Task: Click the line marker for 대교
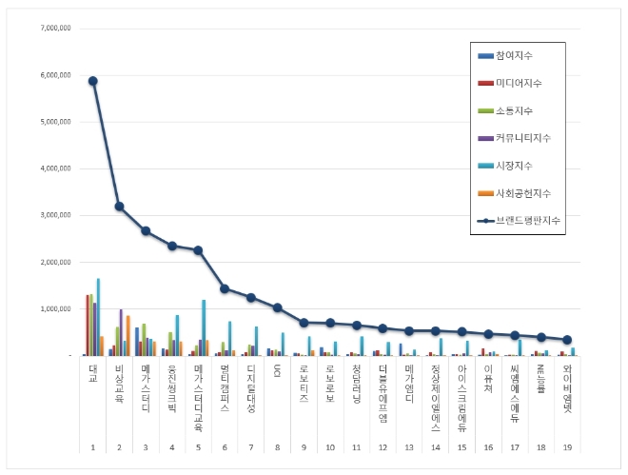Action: point(93,81)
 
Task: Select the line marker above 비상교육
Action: point(119,207)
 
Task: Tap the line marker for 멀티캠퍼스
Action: point(225,288)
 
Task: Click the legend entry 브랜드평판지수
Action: point(533,220)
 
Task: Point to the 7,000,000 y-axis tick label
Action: point(52,29)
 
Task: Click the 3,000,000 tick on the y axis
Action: point(52,215)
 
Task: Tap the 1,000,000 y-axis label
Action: point(52,308)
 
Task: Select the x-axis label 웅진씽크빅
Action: point(172,386)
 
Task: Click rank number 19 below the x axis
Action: point(567,447)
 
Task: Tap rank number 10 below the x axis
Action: point(330,447)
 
